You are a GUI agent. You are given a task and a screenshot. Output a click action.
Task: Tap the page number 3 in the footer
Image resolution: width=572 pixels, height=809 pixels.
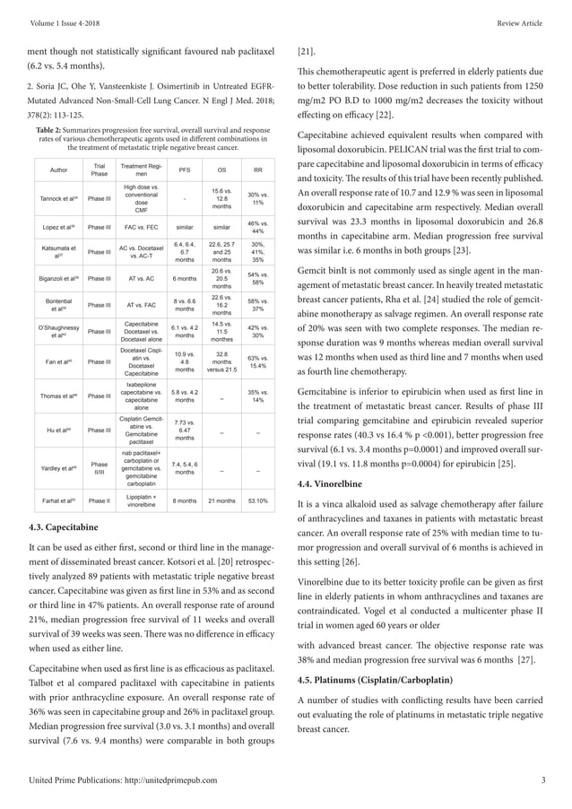tap(544, 779)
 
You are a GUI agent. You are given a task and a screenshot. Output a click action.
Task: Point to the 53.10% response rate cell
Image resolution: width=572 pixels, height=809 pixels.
tap(257, 501)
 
